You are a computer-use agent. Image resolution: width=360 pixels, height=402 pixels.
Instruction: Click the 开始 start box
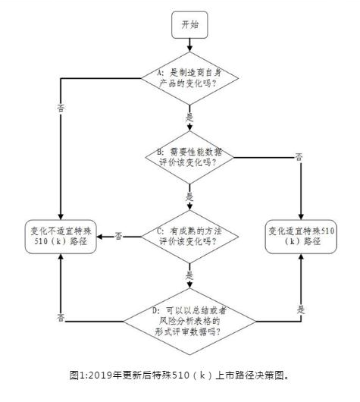click(x=189, y=25)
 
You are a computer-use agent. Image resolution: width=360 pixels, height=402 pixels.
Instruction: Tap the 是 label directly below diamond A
click(x=189, y=118)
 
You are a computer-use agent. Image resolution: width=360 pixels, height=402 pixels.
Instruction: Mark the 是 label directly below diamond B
click(x=189, y=196)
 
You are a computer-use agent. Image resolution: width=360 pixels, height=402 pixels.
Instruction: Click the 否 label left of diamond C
click(x=119, y=236)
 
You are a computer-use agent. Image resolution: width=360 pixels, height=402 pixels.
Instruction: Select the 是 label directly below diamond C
click(x=189, y=275)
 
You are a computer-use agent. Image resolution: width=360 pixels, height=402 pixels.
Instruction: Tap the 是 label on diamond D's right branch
click(x=301, y=309)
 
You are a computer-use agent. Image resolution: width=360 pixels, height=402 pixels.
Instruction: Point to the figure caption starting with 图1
click(x=180, y=374)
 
